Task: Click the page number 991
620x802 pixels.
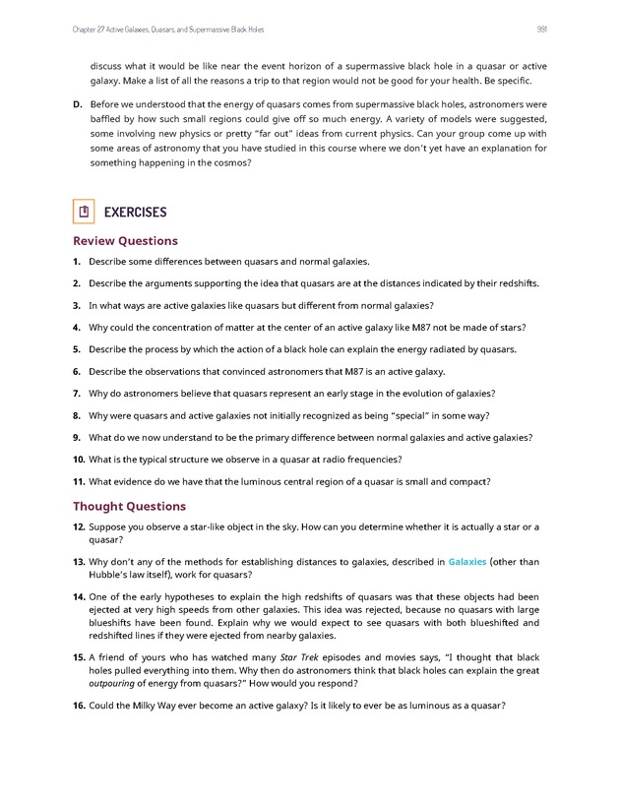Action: click(542, 29)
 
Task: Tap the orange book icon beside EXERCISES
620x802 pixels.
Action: click(84, 212)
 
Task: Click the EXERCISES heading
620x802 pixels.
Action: click(135, 213)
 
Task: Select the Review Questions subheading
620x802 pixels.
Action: click(125, 241)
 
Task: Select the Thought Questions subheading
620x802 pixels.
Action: click(129, 506)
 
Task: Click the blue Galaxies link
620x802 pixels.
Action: click(467, 562)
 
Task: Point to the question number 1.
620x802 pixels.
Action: click(76, 262)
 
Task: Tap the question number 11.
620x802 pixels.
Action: click(78, 481)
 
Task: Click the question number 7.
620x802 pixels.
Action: click(76, 394)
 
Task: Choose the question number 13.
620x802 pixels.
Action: click(78, 562)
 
